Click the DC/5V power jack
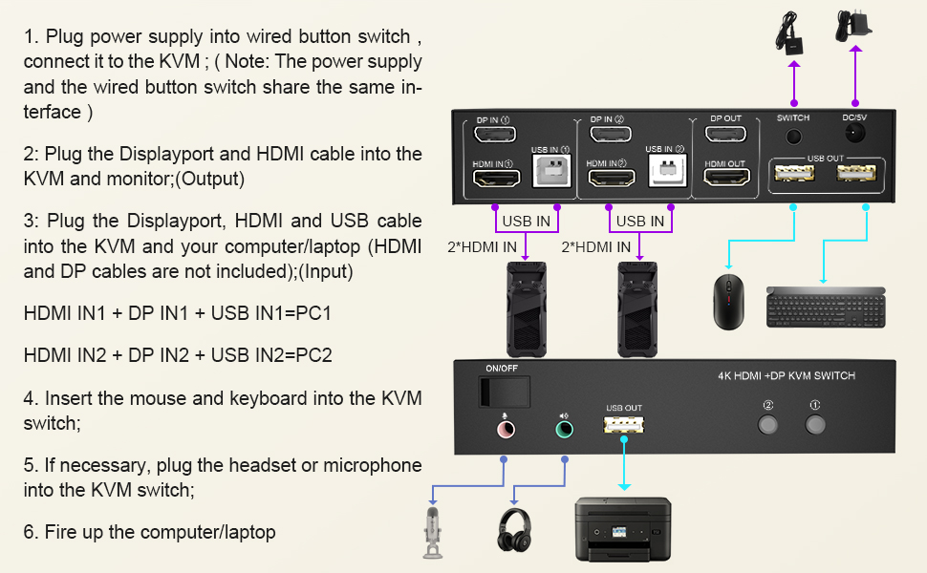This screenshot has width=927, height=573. [x=853, y=136]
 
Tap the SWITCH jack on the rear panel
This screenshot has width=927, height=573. [x=792, y=137]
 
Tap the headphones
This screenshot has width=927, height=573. [x=515, y=530]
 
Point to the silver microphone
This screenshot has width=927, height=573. [x=433, y=531]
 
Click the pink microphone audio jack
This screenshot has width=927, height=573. [x=503, y=430]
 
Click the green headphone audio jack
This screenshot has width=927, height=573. [x=565, y=430]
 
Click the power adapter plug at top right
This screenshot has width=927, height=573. [x=852, y=24]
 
